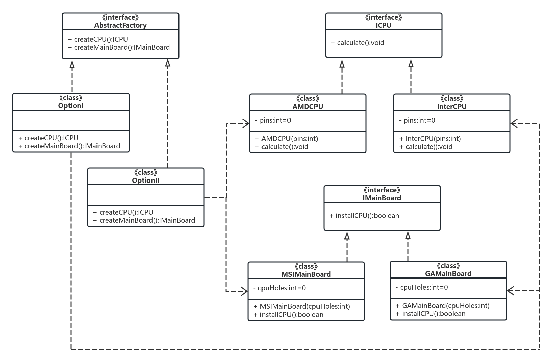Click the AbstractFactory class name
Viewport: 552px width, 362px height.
[120, 25]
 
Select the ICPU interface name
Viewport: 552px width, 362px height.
[383, 25]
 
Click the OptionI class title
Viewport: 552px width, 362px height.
[71, 106]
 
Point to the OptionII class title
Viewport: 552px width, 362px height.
[146, 180]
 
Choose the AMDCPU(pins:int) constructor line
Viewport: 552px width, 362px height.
[289, 139]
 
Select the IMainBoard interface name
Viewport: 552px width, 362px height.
[382, 198]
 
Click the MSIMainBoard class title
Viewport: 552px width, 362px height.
[306, 274]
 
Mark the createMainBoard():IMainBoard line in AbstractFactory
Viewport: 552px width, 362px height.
[121, 47]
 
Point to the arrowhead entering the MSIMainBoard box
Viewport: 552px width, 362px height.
[244, 291]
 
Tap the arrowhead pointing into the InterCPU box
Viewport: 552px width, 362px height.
[514, 123]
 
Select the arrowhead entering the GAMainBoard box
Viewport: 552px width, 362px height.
[511, 290]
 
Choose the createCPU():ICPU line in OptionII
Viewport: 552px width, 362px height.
[126, 212]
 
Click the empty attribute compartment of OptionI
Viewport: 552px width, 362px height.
[71, 120]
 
